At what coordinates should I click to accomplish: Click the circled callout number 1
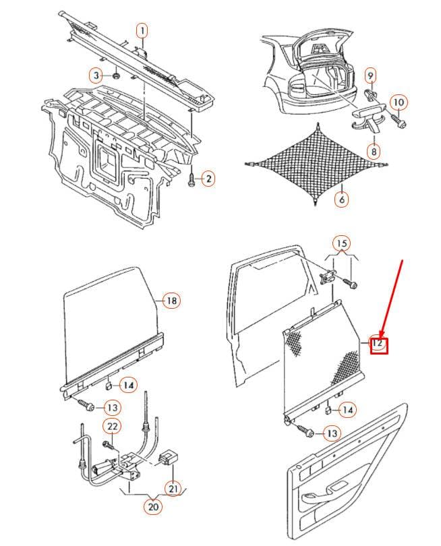click(x=142, y=30)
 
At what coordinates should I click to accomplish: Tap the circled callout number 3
click(x=96, y=75)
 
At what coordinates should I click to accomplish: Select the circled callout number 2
click(x=208, y=179)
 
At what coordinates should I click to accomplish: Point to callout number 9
click(x=370, y=75)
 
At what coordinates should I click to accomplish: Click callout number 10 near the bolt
click(x=399, y=102)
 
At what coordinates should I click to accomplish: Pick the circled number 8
click(x=374, y=151)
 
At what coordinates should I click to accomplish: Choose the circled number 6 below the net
click(x=342, y=199)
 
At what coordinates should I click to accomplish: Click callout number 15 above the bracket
click(x=342, y=243)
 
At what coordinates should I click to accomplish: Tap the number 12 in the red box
click(x=378, y=343)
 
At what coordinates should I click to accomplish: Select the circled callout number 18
click(x=172, y=300)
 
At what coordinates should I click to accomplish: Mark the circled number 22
click(x=112, y=426)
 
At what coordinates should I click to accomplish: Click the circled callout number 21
click(x=173, y=489)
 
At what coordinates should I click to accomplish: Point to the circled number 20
click(x=153, y=507)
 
